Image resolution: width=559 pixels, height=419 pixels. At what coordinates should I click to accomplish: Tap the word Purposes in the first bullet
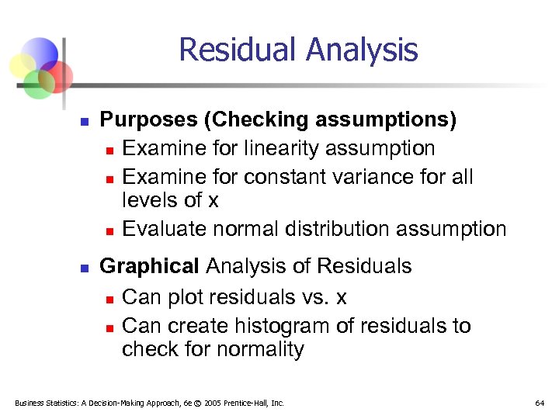click(148, 120)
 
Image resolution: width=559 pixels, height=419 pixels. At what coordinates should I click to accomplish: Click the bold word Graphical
click(150, 266)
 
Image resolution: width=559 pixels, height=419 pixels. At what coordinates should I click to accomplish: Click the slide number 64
click(540, 403)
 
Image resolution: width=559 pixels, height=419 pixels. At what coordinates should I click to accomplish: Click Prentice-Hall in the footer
click(254, 403)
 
